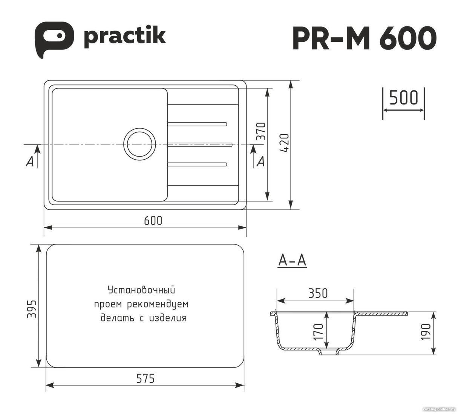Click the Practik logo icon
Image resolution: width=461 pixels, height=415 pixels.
(54, 39)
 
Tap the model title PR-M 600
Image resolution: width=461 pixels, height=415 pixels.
(364, 38)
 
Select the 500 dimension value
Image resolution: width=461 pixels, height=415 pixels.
(404, 98)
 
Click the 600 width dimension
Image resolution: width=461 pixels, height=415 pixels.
(153, 221)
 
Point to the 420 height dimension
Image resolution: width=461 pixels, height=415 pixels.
(285, 143)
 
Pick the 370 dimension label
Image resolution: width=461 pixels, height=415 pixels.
(261, 131)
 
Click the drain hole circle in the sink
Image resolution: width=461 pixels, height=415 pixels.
(140, 144)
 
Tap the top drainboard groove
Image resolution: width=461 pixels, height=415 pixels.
(197, 124)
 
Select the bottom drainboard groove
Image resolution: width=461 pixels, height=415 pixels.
(197, 164)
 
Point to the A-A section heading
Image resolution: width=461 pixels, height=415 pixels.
(292, 261)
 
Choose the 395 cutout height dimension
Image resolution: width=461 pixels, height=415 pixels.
(32, 309)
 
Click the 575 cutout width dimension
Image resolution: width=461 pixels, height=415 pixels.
(145, 378)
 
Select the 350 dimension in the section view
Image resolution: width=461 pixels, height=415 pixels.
(318, 293)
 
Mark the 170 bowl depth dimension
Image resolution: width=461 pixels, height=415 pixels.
(318, 332)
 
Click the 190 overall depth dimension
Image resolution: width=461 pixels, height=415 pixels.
(426, 332)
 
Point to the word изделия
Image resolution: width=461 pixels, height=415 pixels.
(168, 318)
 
